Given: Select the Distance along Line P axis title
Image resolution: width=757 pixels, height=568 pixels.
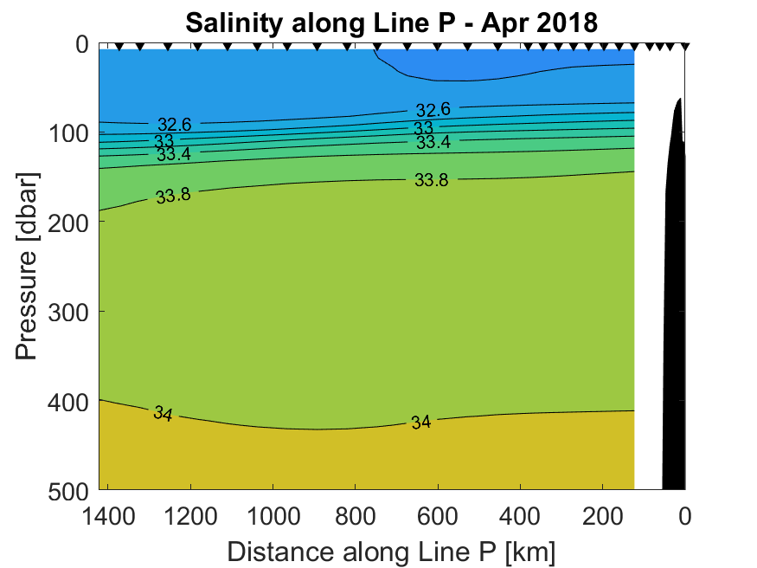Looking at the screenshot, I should coord(391,550).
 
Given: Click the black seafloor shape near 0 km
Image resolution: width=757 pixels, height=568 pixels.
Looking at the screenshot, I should coord(674,303).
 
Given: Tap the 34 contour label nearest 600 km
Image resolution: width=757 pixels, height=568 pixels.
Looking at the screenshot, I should coord(421,423).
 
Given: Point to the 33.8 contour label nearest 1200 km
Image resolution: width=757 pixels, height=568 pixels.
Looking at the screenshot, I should coord(174,195).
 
